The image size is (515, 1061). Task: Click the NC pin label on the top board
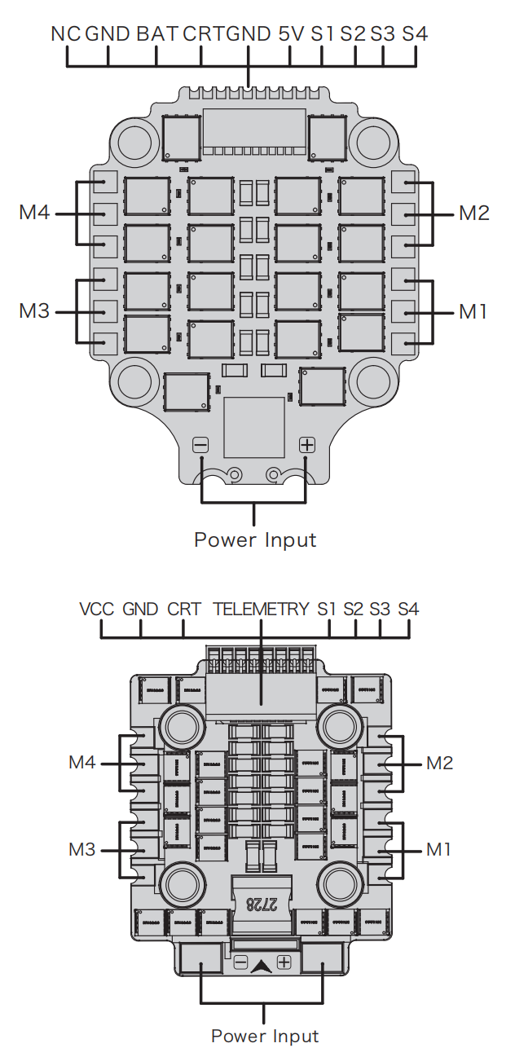[65, 34]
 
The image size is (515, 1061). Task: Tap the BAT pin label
[156, 34]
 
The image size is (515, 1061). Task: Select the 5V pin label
[291, 34]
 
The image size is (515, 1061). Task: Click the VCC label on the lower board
[97, 609]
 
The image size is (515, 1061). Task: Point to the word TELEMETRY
[261, 609]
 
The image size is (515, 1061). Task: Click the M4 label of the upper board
[34, 212]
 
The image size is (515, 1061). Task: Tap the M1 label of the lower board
[438, 850]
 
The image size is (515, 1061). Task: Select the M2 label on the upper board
[474, 214]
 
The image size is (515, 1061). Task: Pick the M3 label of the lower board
[82, 850]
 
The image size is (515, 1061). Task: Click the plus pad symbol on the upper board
[307, 445]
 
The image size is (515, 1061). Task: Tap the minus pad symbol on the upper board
[200, 445]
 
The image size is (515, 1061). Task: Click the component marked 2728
[261, 905]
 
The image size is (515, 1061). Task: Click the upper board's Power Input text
[255, 540]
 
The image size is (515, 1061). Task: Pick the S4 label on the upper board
[415, 34]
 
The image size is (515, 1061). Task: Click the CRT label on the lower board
[184, 609]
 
